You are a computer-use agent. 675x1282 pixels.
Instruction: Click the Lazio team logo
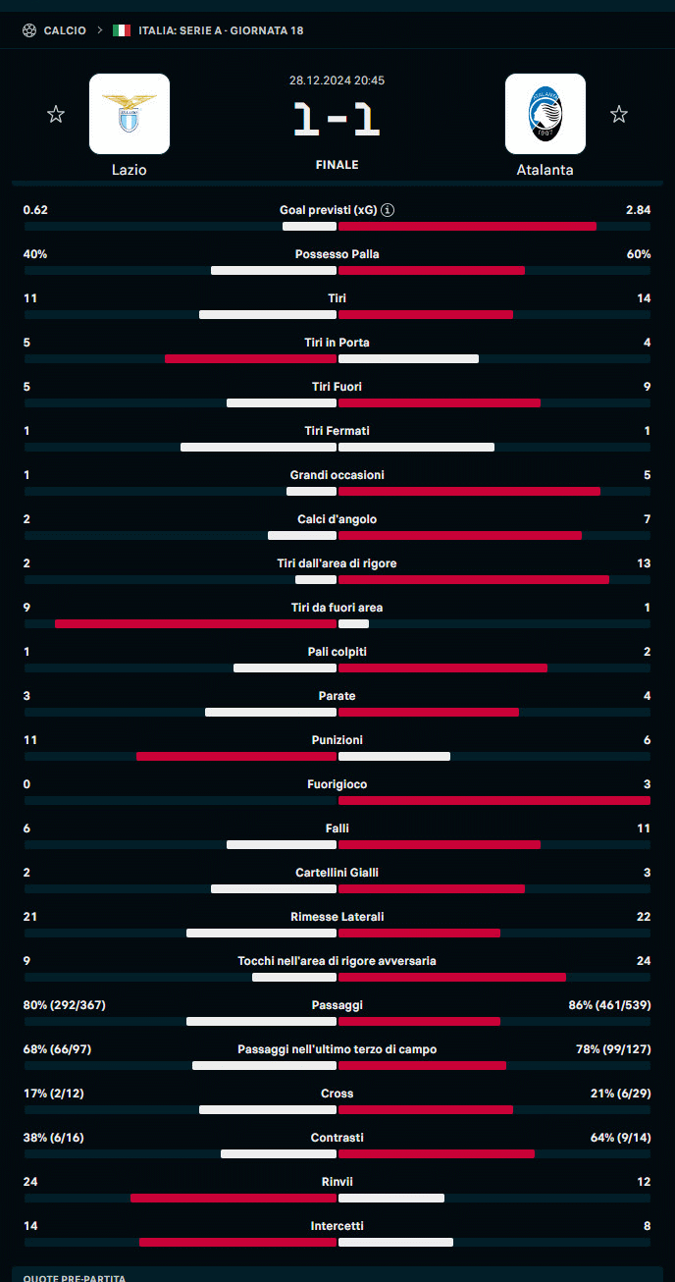click(x=130, y=114)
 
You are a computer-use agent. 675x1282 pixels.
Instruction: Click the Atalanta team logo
click(x=545, y=114)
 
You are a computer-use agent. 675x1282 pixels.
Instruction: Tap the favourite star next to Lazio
click(x=56, y=115)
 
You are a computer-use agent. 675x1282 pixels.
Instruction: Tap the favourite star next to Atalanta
click(x=618, y=115)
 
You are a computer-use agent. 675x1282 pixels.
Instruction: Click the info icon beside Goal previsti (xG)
click(x=388, y=210)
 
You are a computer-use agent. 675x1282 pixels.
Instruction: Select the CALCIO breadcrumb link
click(x=65, y=30)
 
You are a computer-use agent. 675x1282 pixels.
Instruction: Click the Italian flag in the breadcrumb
click(x=122, y=30)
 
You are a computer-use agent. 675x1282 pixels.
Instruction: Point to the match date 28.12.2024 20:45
click(x=337, y=80)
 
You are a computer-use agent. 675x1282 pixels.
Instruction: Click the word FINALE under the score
click(x=337, y=165)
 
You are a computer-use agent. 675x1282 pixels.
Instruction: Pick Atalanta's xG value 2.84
click(x=638, y=210)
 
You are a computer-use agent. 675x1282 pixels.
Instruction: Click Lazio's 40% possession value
click(x=35, y=254)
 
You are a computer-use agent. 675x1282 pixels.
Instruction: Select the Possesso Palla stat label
click(x=337, y=254)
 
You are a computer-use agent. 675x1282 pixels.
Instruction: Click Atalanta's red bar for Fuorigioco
click(x=493, y=801)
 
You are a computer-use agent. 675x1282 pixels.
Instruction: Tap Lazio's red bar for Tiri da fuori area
click(x=195, y=624)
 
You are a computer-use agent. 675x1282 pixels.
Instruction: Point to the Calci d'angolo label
click(x=337, y=519)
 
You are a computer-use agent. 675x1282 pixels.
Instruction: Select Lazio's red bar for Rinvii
click(x=234, y=1199)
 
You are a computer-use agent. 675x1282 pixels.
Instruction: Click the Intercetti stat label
click(x=337, y=1226)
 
